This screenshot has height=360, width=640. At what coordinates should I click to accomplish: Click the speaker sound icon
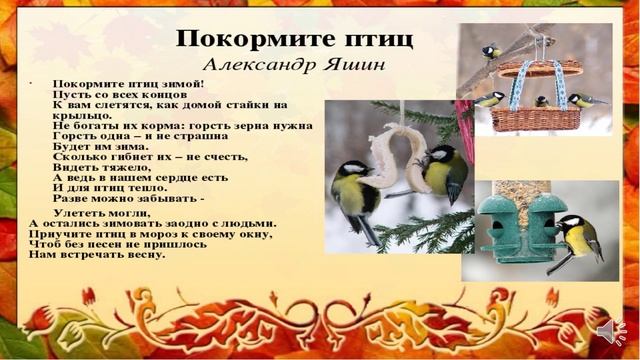(607, 332)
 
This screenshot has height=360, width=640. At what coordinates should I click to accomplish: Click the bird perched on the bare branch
(490, 51)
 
